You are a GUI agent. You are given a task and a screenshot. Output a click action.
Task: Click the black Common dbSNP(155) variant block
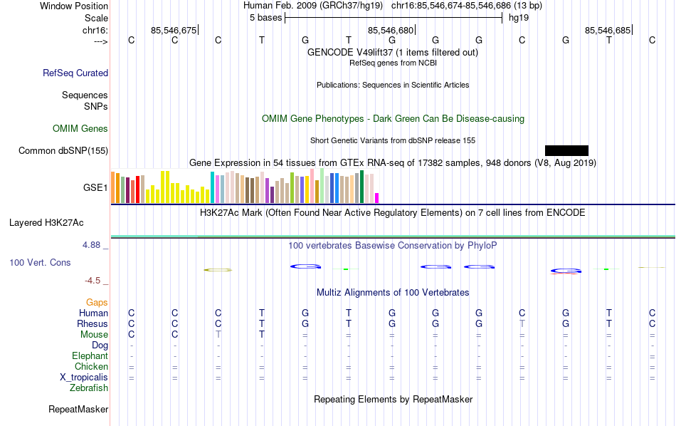pos(566,150)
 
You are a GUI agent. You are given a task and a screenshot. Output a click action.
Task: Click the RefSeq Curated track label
pos(75,73)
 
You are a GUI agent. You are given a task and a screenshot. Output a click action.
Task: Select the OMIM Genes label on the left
pos(80,129)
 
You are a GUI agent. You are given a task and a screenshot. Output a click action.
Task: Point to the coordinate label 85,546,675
pos(174,30)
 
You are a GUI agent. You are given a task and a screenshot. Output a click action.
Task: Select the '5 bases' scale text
pos(265,18)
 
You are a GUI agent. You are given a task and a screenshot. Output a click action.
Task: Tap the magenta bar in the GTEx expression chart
pos(377,198)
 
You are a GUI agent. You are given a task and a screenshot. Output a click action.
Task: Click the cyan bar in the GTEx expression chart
pos(212,187)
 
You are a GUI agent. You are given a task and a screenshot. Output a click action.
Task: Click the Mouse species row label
pos(94,335)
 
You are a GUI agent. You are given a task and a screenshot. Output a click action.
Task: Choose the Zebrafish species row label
pos(89,388)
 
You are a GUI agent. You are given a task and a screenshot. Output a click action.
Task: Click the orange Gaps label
pos(97,303)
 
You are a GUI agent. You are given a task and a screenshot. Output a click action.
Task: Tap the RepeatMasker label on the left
pos(78,410)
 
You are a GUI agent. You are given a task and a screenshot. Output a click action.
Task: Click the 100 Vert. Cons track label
pos(40,263)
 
